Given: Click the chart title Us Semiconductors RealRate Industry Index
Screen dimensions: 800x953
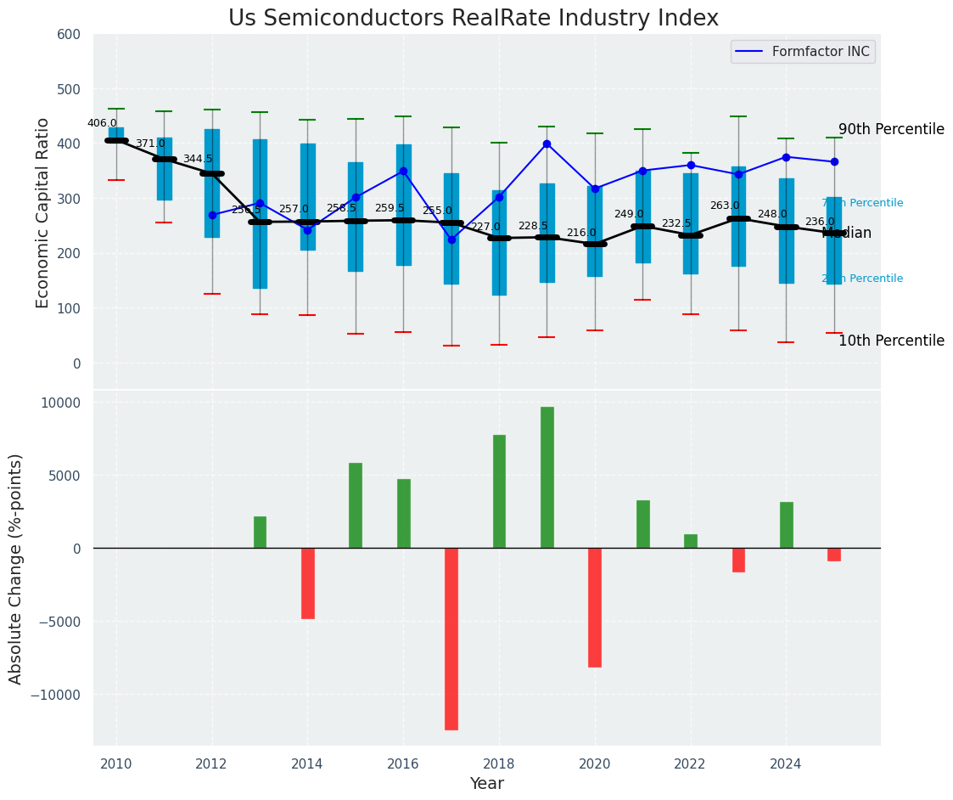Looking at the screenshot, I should coord(473,19).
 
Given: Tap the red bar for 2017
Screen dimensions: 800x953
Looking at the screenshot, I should coord(451,639).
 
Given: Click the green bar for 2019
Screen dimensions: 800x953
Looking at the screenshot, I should coord(547,477).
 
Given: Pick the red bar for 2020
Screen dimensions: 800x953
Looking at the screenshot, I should coord(595,607).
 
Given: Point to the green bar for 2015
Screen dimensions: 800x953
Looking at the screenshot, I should coord(356,505).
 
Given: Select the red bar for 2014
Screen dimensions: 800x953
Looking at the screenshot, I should coord(308,583).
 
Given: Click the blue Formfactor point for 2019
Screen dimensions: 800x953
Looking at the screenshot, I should coord(547,144).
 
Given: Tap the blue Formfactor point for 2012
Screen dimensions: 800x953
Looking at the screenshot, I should coord(212,215).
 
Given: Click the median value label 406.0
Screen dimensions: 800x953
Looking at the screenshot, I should coord(102,123).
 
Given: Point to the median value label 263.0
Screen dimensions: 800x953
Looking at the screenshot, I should coord(725,206).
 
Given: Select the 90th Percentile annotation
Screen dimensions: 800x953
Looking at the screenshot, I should coord(891,130).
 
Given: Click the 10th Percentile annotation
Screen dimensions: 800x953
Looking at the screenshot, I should coord(891,341).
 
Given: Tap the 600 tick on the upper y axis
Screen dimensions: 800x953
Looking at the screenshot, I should coord(69,35).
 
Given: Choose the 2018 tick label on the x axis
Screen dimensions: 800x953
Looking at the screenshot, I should coord(499,763).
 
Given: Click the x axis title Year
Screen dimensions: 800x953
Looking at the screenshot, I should coord(487,784).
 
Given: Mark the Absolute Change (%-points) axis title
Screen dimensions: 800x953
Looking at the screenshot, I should coord(16,568).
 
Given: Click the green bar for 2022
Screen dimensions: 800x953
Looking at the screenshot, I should coord(691,541).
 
